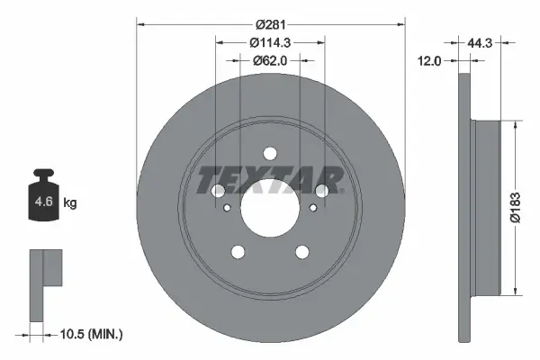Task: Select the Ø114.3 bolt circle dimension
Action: point(271,41)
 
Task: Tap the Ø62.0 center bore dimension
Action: point(270,61)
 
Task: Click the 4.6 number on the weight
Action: point(43,202)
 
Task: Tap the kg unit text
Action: point(70,202)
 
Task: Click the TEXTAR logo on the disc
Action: point(269,180)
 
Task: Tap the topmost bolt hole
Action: point(270,152)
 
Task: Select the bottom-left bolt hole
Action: point(238,251)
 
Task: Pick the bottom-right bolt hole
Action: point(302,251)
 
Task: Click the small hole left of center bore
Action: point(228,208)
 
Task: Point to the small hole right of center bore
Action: point(312,208)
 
